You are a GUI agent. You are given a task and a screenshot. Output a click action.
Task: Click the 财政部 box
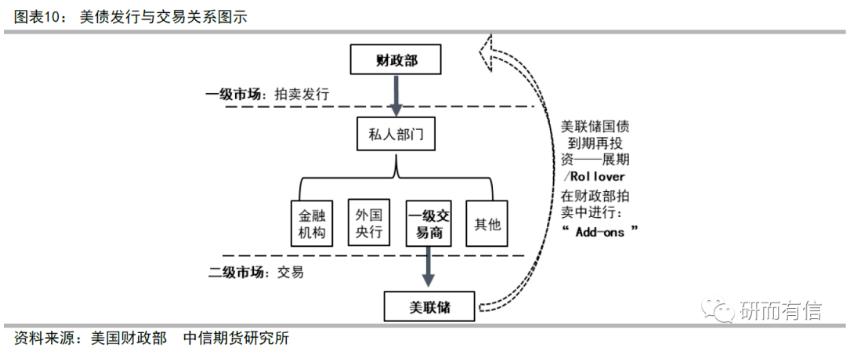(x=396, y=61)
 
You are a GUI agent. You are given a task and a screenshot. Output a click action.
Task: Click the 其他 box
(x=490, y=226)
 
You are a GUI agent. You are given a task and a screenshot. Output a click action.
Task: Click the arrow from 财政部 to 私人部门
(x=396, y=96)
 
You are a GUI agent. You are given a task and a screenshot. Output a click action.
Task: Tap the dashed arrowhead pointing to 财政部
(x=490, y=47)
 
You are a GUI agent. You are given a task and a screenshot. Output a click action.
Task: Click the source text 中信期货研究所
(x=237, y=338)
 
